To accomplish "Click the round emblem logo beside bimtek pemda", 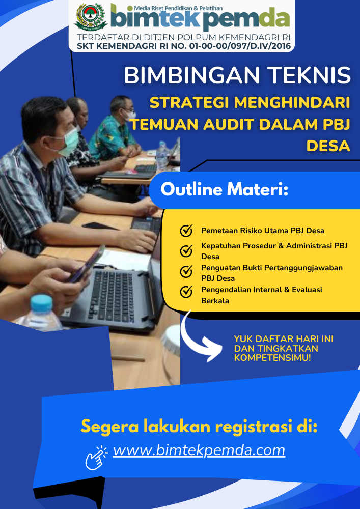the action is click(x=91, y=17).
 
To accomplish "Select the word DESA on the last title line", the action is click(x=328, y=146).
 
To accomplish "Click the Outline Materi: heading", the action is click(x=225, y=189).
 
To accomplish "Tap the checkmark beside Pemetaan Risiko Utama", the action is click(x=186, y=231).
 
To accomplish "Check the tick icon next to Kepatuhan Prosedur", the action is click(x=186, y=251).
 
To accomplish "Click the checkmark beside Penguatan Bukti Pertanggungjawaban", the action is click(x=186, y=271).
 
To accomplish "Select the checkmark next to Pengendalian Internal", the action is click(x=186, y=292).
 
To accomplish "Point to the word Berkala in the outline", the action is click(x=215, y=301).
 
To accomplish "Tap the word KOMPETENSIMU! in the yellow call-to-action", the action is click(x=273, y=358).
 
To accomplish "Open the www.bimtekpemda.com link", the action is click(x=199, y=450).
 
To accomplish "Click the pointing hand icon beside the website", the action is click(x=96, y=457).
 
